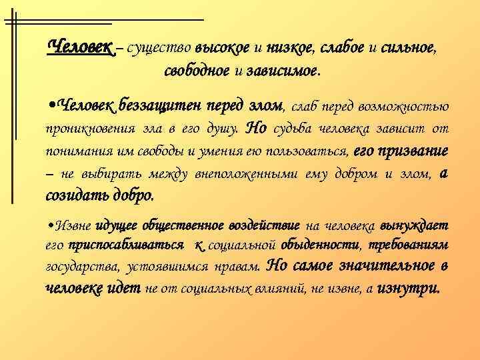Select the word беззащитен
coord(153,105)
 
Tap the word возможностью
coord(407,106)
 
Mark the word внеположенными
coord(250,174)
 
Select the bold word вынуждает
coord(414,225)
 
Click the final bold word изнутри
coord(408,290)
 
